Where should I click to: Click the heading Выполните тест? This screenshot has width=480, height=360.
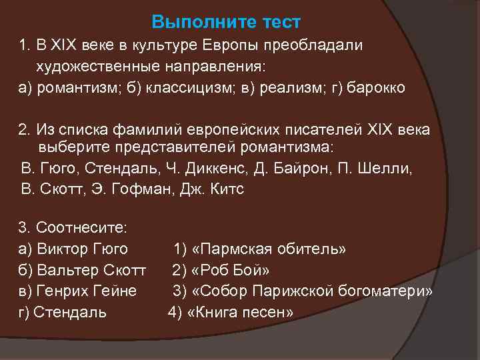pyautogui.click(x=226, y=22)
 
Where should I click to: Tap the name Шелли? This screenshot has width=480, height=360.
pyautogui.click(x=393, y=167)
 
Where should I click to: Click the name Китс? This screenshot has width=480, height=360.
pyautogui.click(x=224, y=189)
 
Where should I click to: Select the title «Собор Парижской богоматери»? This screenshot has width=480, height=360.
pyautogui.click(x=311, y=291)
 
